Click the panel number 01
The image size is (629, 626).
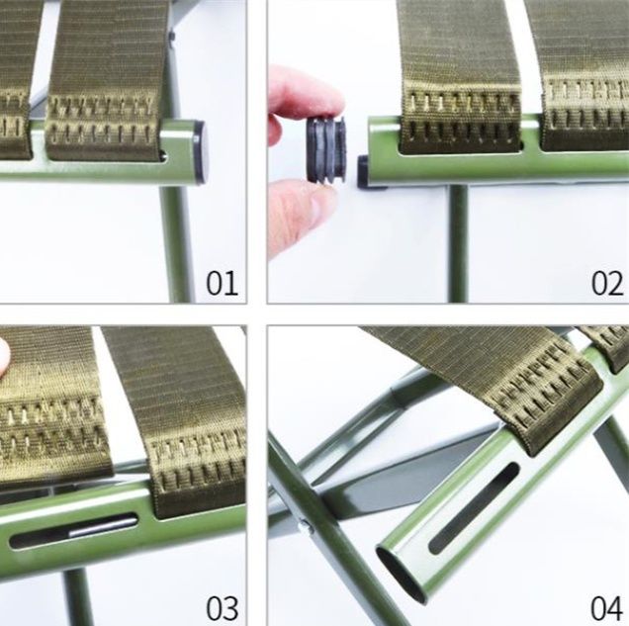(222, 283)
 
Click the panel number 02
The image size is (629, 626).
(607, 283)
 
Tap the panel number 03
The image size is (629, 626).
(222, 608)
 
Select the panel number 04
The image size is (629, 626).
(607, 608)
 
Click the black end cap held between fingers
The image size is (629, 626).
(326, 150)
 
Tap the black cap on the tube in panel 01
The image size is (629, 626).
(202, 152)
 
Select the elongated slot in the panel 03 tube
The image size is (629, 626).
(73, 530)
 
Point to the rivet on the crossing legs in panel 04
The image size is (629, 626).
(306, 525)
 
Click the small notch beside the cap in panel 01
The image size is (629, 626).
(163, 153)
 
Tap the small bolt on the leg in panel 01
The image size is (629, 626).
(172, 38)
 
